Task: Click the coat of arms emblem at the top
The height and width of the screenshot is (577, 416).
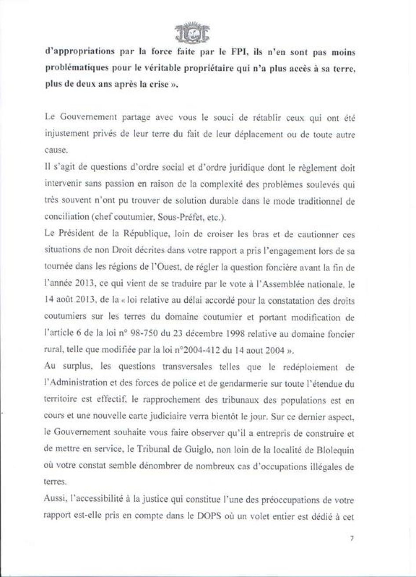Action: [x=192, y=33]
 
